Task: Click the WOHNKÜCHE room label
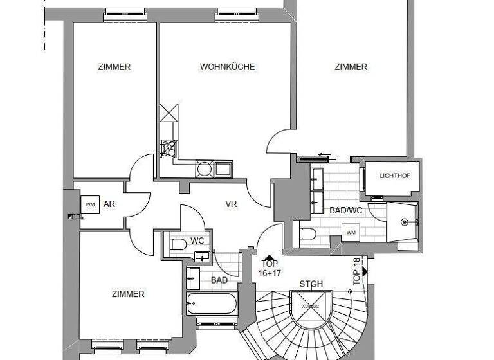[227, 67]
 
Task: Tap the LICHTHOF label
[393, 175]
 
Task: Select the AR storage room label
[109, 204]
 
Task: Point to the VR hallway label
[232, 204]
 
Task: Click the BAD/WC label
[347, 210]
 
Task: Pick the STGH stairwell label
[311, 284]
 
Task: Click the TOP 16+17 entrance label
[269, 268]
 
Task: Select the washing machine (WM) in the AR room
[90, 204]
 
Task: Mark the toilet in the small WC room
[178, 243]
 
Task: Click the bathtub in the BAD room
[212, 302]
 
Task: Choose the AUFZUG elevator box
[307, 308]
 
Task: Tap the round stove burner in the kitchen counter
[204, 170]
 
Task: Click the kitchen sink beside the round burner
[223, 170]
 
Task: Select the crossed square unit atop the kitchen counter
[168, 113]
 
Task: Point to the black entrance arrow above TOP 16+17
[268, 256]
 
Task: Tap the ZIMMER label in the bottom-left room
[128, 294]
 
